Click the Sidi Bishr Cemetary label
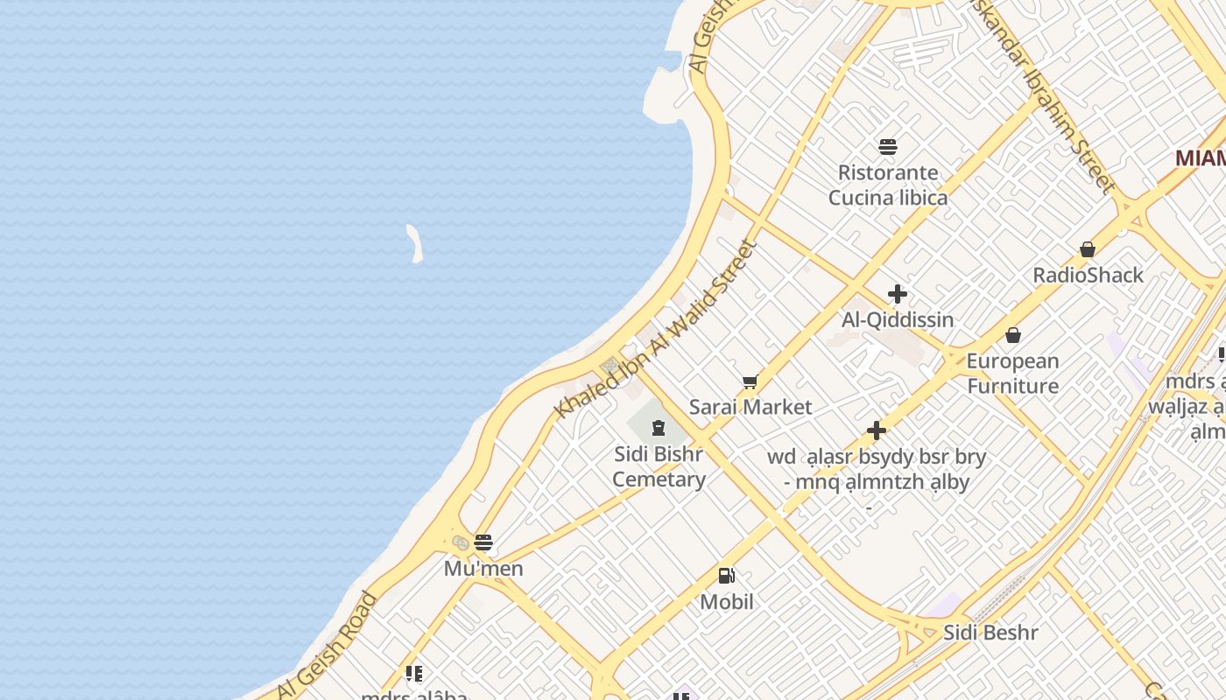point(659,467)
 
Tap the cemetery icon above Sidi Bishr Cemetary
point(658,428)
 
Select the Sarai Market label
point(750,407)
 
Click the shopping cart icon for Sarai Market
point(750,381)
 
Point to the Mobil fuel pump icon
point(726,576)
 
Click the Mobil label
point(727,602)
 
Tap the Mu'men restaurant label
point(483,569)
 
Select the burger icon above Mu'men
point(483,542)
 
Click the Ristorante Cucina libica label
point(888,185)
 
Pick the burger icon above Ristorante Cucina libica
point(888,146)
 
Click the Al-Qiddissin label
point(898,320)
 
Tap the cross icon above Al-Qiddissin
point(898,294)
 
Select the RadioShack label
point(1088,275)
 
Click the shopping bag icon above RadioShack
point(1088,249)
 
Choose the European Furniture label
point(1012,374)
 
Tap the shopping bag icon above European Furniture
point(1013,335)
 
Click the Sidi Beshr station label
point(990,633)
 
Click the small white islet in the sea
point(415,243)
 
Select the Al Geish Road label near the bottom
point(328,646)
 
